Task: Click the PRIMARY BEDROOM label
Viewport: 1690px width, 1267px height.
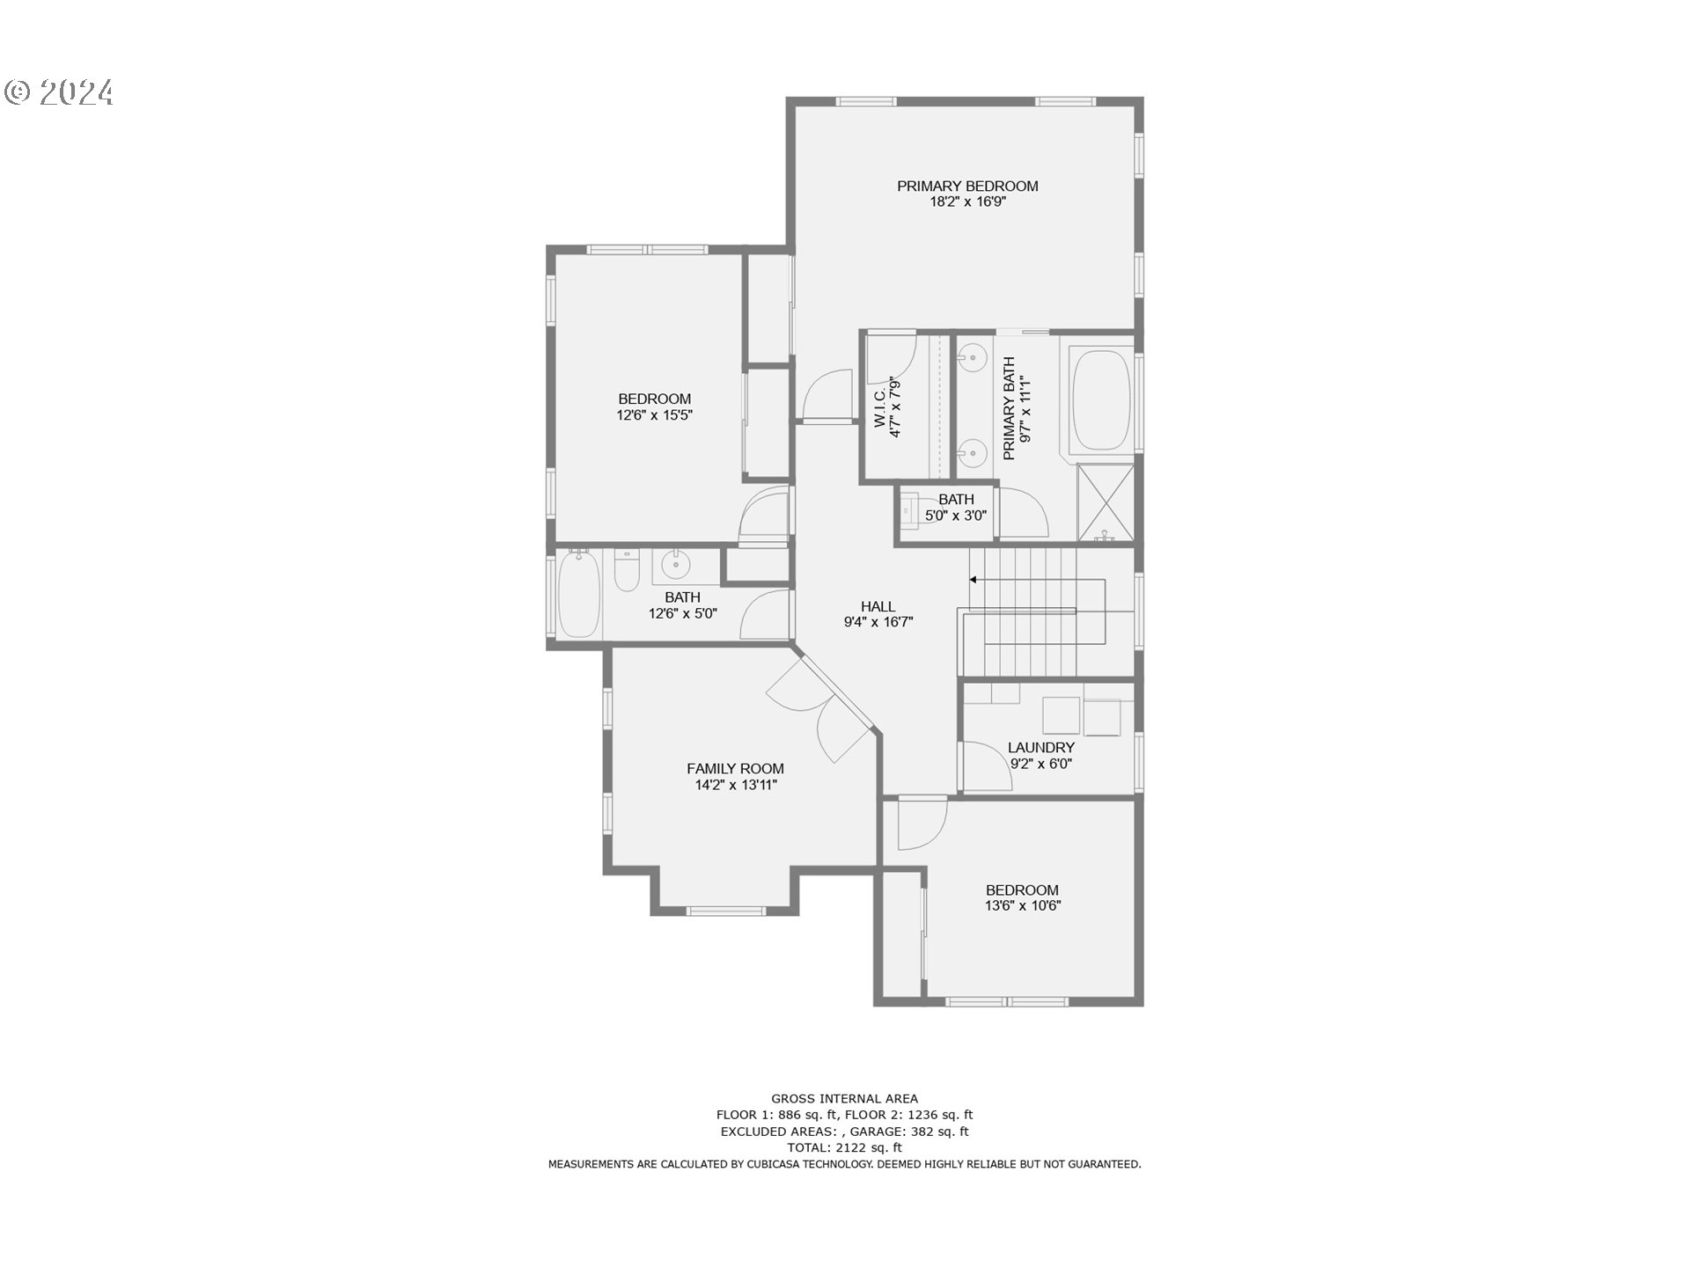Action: tap(967, 186)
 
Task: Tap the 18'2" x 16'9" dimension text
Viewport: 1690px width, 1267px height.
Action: tap(967, 202)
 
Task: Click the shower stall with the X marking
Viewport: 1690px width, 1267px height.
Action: tap(1106, 502)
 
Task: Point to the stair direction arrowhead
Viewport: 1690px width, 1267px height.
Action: tap(974, 580)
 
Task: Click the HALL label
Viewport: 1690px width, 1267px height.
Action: tap(878, 606)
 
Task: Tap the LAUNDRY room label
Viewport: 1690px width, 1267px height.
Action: tap(1040, 748)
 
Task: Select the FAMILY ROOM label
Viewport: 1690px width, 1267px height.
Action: tap(735, 768)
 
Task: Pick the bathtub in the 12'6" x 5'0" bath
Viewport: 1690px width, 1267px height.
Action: tap(579, 595)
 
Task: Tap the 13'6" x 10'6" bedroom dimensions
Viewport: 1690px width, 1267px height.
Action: tap(1022, 906)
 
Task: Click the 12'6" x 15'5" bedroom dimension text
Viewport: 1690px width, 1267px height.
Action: tap(654, 415)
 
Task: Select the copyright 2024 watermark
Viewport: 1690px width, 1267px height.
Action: tap(60, 92)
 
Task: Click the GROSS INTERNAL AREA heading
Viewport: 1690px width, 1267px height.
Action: tap(844, 1098)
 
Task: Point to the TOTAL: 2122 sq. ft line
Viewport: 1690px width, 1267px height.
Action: tap(844, 1147)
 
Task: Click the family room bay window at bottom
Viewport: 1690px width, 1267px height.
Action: tap(726, 911)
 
